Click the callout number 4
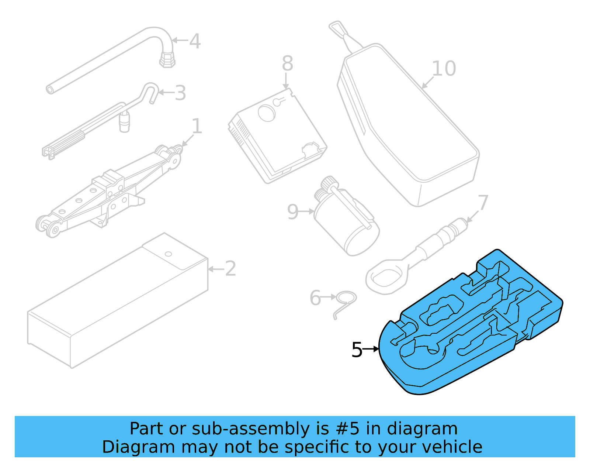(x=195, y=41)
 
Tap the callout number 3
(x=180, y=93)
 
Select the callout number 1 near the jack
(x=197, y=127)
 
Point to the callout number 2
(x=230, y=269)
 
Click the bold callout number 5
(x=357, y=350)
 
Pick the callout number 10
(x=444, y=69)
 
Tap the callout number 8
(x=287, y=63)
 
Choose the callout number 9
(x=292, y=212)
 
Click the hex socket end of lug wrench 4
(x=167, y=59)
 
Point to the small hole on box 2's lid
(x=169, y=254)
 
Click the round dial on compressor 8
(x=266, y=113)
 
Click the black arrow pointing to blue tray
(x=371, y=349)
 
